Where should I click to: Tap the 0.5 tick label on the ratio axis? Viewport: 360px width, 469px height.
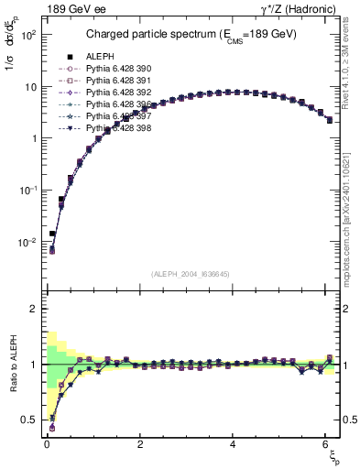(29, 420)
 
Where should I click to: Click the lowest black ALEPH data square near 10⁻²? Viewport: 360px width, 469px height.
(52, 234)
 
